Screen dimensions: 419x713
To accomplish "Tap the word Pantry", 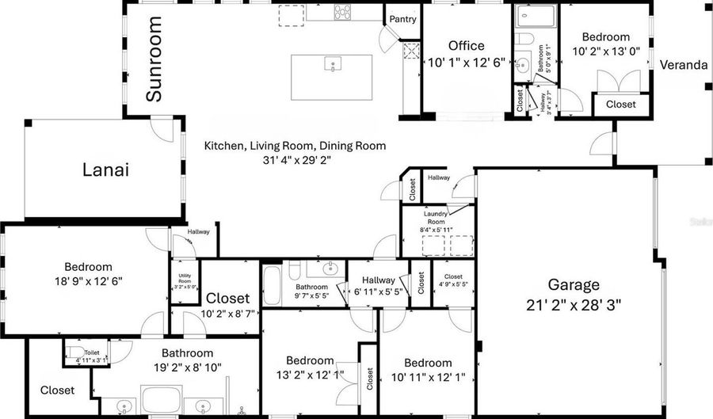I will pyautogui.click(x=402, y=20).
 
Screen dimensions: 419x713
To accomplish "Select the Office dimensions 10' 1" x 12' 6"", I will pyautogui.click(x=466, y=62).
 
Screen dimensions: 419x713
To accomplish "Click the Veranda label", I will pyautogui.click(x=683, y=65).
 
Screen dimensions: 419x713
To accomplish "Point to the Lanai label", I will pyautogui.click(x=105, y=170).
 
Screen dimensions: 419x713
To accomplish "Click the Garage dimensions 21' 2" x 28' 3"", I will pyautogui.click(x=574, y=304).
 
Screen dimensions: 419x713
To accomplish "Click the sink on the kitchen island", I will pyautogui.click(x=332, y=64).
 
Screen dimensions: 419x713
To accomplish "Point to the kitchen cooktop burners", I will pyautogui.click(x=344, y=12).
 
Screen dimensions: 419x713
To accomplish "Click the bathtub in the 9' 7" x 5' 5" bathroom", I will pyautogui.click(x=272, y=286).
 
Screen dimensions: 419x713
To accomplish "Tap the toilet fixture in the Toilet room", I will pyautogui.click(x=73, y=352).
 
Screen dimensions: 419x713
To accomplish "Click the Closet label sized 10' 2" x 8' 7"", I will pyautogui.click(x=227, y=313).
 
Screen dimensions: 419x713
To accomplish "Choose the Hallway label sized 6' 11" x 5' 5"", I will pyautogui.click(x=378, y=291).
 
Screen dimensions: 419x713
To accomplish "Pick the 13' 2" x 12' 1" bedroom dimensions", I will pyautogui.click(x=310, y=374).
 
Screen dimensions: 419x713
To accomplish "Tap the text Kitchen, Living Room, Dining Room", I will pyautogui.click(x=295, y=146).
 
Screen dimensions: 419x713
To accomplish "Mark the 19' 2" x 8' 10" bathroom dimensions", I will pyautogui.click(x=188, y=368).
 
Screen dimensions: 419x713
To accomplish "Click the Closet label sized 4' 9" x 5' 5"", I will pyautogui.click(x=453, y=283).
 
